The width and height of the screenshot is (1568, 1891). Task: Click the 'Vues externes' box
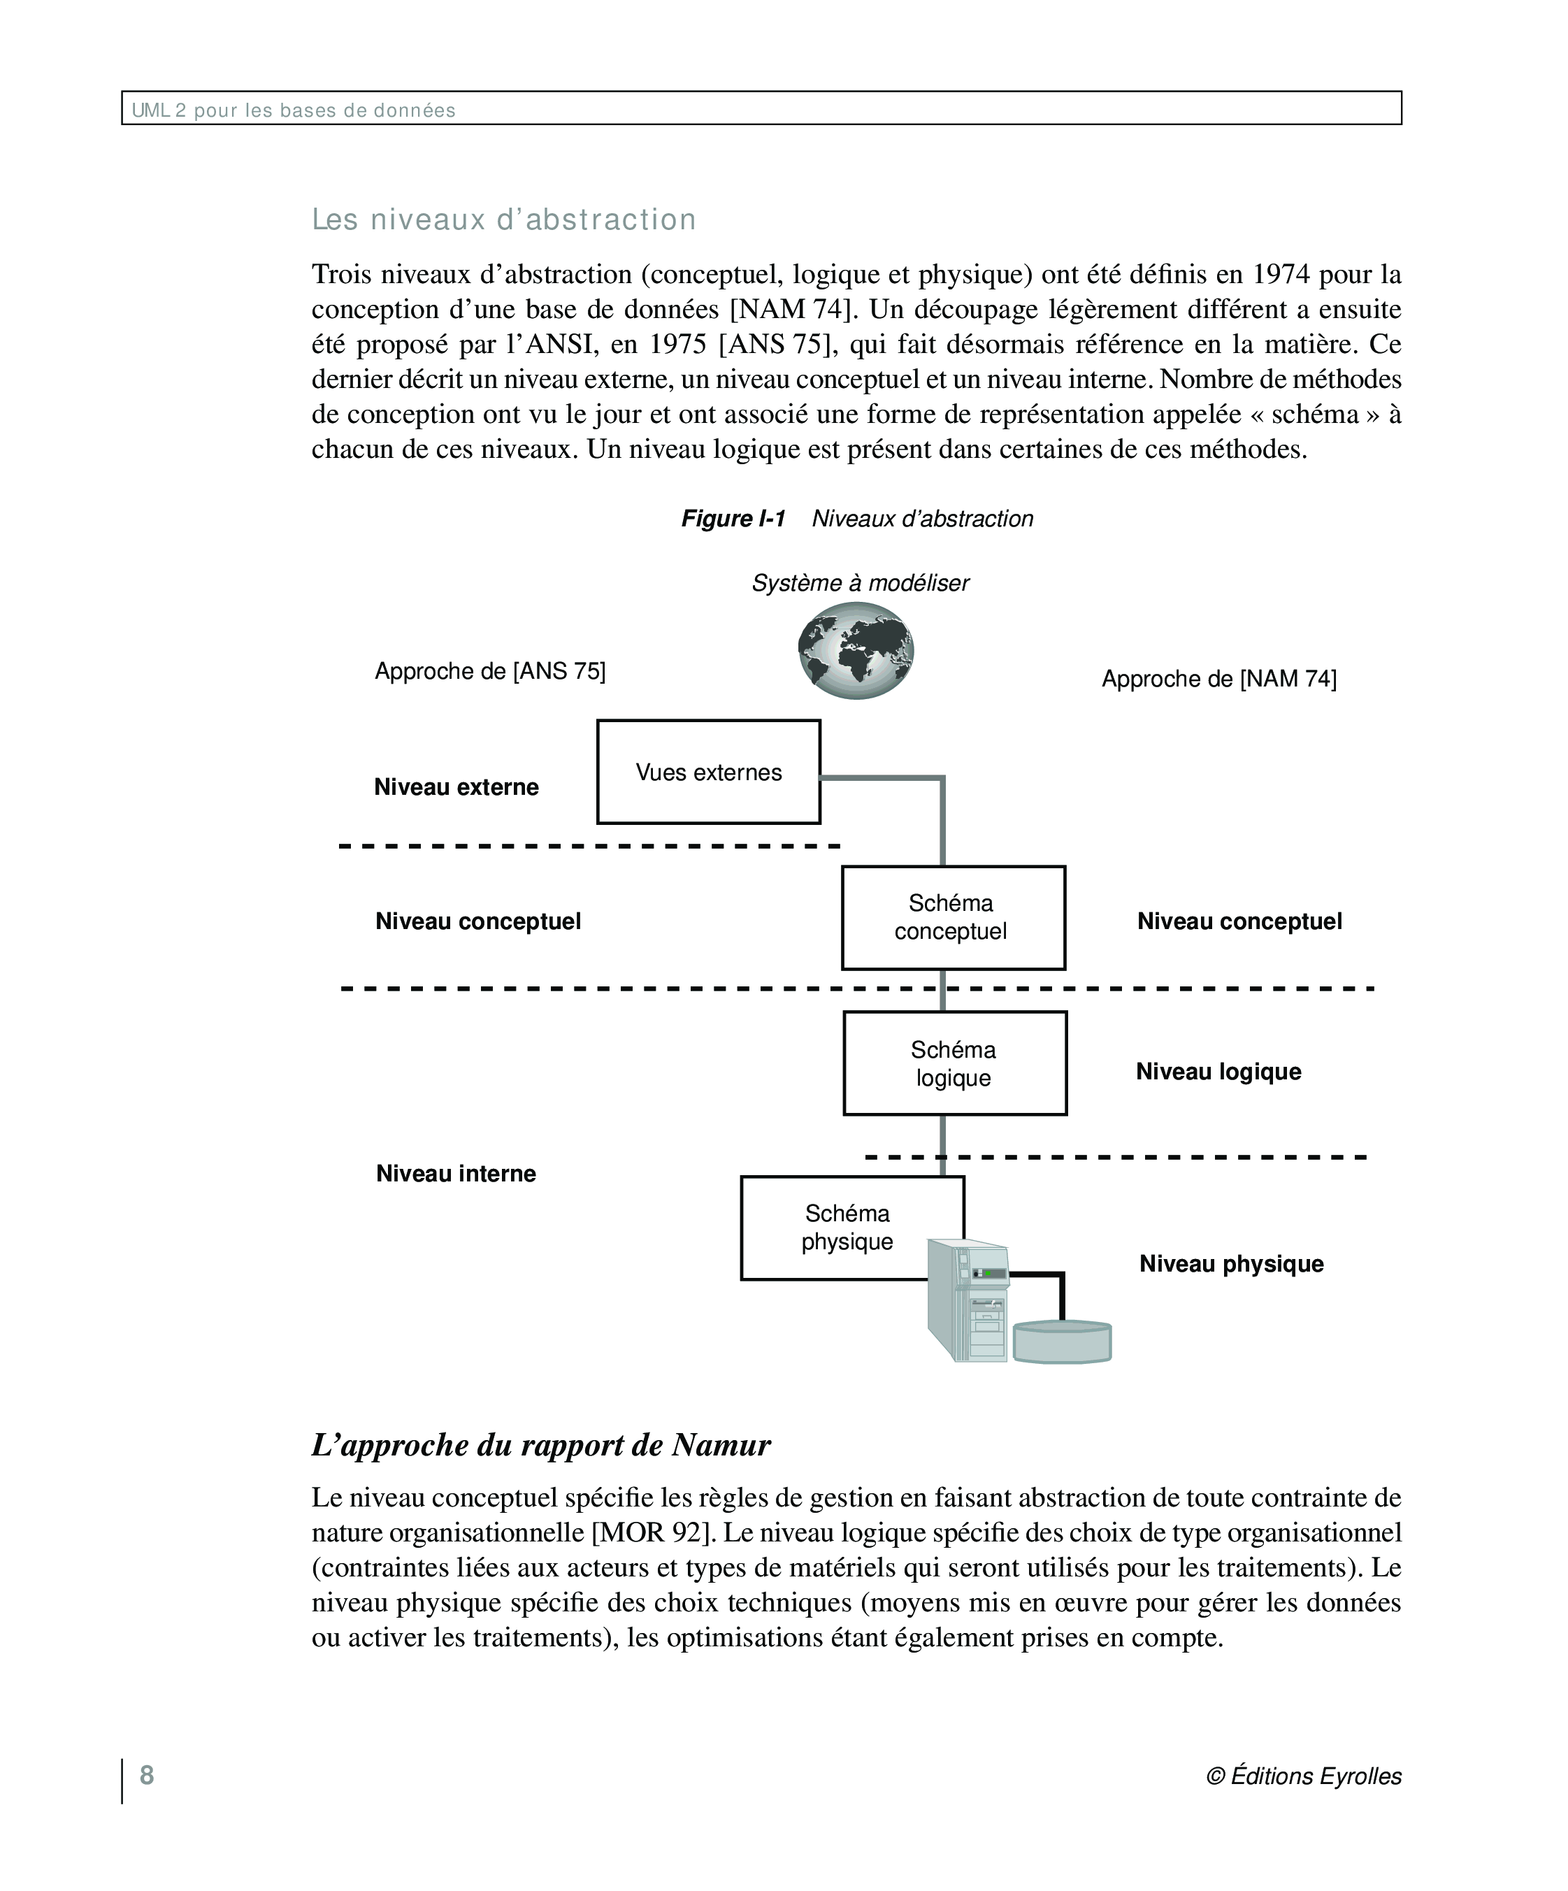point(708,772)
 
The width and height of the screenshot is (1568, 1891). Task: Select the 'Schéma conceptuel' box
point(953,918)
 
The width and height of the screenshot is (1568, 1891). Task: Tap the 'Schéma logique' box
point(955,1063)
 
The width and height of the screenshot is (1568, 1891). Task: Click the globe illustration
point(856,650)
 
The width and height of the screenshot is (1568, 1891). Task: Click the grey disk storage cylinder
point(1062,1341)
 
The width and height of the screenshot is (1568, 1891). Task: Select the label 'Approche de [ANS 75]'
point(490,671)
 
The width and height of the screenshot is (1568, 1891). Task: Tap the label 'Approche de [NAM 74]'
point(1218,679)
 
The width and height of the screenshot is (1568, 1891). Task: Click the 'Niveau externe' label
point(456,787)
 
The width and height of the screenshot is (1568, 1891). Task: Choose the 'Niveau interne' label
point(456,1173)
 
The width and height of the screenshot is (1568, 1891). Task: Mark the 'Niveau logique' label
point(1218,1072)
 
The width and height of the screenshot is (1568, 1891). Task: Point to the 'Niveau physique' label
point(1231,1263)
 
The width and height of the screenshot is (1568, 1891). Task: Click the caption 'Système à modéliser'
point(860,584)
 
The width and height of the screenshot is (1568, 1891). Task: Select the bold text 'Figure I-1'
point(733,519)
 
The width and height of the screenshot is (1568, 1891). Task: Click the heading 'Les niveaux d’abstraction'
point(503,220)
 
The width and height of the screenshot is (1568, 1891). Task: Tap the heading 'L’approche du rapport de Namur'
point(540,1445)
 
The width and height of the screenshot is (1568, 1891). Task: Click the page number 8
point(147,1775)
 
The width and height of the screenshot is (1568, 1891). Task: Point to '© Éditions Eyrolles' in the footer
point(1303,1776)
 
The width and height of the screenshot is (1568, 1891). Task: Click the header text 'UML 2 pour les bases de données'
point(294,110)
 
